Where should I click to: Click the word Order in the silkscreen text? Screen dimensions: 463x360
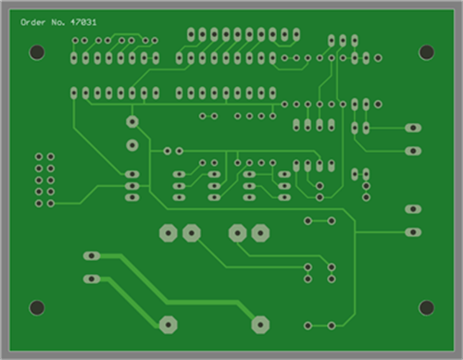pyautogui.click(x=33, y=22)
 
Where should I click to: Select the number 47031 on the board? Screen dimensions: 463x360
pyautogui.click(x=83, y=22)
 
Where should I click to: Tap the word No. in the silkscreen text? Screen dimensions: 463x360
pyautogui.click(x=58, y=22)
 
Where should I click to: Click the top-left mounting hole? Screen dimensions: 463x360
pyautogui.click(x=37, y=52)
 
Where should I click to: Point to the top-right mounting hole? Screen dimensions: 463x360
pyautogui.click(x=426, y=52)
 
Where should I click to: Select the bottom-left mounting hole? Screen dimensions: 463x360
pyautogui.click(x=37, y=308)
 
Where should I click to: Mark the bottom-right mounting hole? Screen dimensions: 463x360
pyautogui.click(x=426, y=308)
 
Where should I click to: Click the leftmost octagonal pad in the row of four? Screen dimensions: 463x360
pyautogui.click(x=169, y=233)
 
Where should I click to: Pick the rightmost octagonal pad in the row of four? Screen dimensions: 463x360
pyautogui.click(x=260, y=233)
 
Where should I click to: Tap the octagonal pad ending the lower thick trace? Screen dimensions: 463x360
pyautogui.click(x=169, y=325)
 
